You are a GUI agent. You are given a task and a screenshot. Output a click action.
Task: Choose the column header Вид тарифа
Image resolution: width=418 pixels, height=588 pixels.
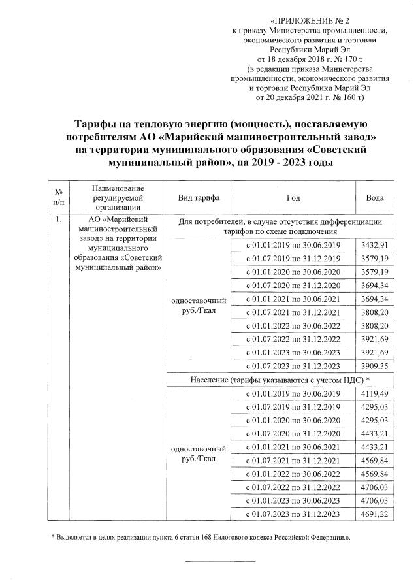[x=199, y=197]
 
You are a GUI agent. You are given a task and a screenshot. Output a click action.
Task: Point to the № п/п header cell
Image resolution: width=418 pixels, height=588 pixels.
[x=59, y=197]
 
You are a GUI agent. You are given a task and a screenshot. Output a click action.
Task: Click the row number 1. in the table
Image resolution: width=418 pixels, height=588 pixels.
[x=59, y=220]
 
